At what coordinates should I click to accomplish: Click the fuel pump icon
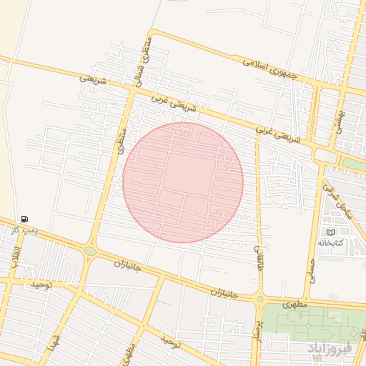click(26, 219)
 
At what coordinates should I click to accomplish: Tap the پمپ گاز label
click(24, 229)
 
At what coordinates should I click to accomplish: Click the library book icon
click(330, 232)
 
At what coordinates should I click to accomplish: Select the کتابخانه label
click(330, 243)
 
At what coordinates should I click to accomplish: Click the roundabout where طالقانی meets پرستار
click(259, 299)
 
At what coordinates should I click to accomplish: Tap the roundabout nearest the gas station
click(90, 251)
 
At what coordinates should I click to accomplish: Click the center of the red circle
click(183, 182)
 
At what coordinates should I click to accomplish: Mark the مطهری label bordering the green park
click(294, 305)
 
